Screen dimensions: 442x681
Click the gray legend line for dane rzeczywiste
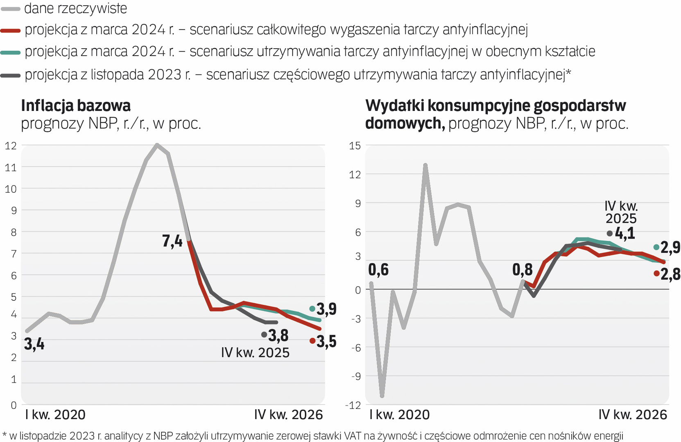10,9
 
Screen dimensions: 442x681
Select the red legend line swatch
10,30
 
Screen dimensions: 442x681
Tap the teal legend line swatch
10,52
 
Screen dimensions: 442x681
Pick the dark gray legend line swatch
10,75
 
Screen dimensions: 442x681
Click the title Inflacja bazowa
76,106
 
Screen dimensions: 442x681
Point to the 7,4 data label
172,241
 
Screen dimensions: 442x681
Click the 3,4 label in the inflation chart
34,344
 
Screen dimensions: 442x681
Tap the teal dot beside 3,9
312,309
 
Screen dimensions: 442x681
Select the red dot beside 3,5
312,341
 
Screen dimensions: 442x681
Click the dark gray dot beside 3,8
264,335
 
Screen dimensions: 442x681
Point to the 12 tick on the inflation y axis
11,146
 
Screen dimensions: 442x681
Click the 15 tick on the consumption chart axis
355,146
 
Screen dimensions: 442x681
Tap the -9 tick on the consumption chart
355,376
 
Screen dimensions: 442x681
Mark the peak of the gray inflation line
157,144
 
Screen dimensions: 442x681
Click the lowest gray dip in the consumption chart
382,396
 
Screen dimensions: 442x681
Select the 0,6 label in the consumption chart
378,270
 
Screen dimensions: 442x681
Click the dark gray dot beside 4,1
610,233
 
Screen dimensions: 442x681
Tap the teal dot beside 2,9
656,247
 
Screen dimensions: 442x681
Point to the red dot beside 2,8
656,273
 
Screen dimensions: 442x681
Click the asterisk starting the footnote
5,435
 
